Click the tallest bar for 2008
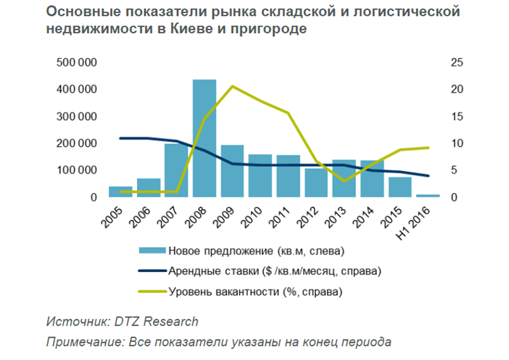204,138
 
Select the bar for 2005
120,192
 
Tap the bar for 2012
316,183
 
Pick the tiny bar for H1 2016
428,196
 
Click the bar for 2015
400,187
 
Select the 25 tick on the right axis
456,63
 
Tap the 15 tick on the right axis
456,117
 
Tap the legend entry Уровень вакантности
256,291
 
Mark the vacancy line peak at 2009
233,86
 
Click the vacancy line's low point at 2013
344,181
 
